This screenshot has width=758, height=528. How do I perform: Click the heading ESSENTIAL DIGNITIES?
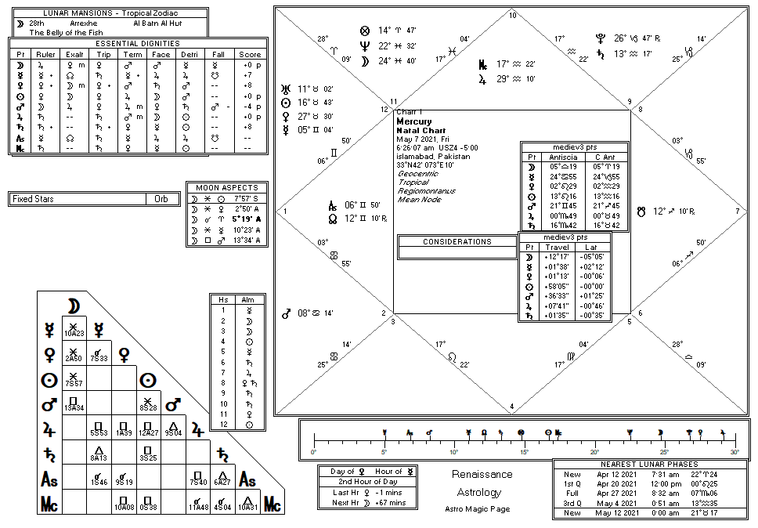(137, 44)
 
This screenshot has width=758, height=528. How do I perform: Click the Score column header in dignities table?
(250, 55)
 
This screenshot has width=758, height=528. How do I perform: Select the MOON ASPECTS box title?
(225, 188)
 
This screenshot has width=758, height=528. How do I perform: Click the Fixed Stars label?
(34, 199)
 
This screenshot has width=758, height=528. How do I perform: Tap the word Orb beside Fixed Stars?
(161, 199)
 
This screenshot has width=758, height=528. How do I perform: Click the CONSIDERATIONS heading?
(457, 242)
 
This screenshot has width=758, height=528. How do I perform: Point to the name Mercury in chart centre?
(413, 122)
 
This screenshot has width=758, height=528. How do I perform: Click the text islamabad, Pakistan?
(434, 156)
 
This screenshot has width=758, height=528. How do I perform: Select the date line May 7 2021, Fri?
(424, 139)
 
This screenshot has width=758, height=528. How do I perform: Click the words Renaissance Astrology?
(482, 483)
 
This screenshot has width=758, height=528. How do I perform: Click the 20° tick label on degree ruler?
(594, 453)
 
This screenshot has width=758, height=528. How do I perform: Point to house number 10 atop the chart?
(512, 15)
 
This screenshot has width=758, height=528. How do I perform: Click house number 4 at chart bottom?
(512, 407)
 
